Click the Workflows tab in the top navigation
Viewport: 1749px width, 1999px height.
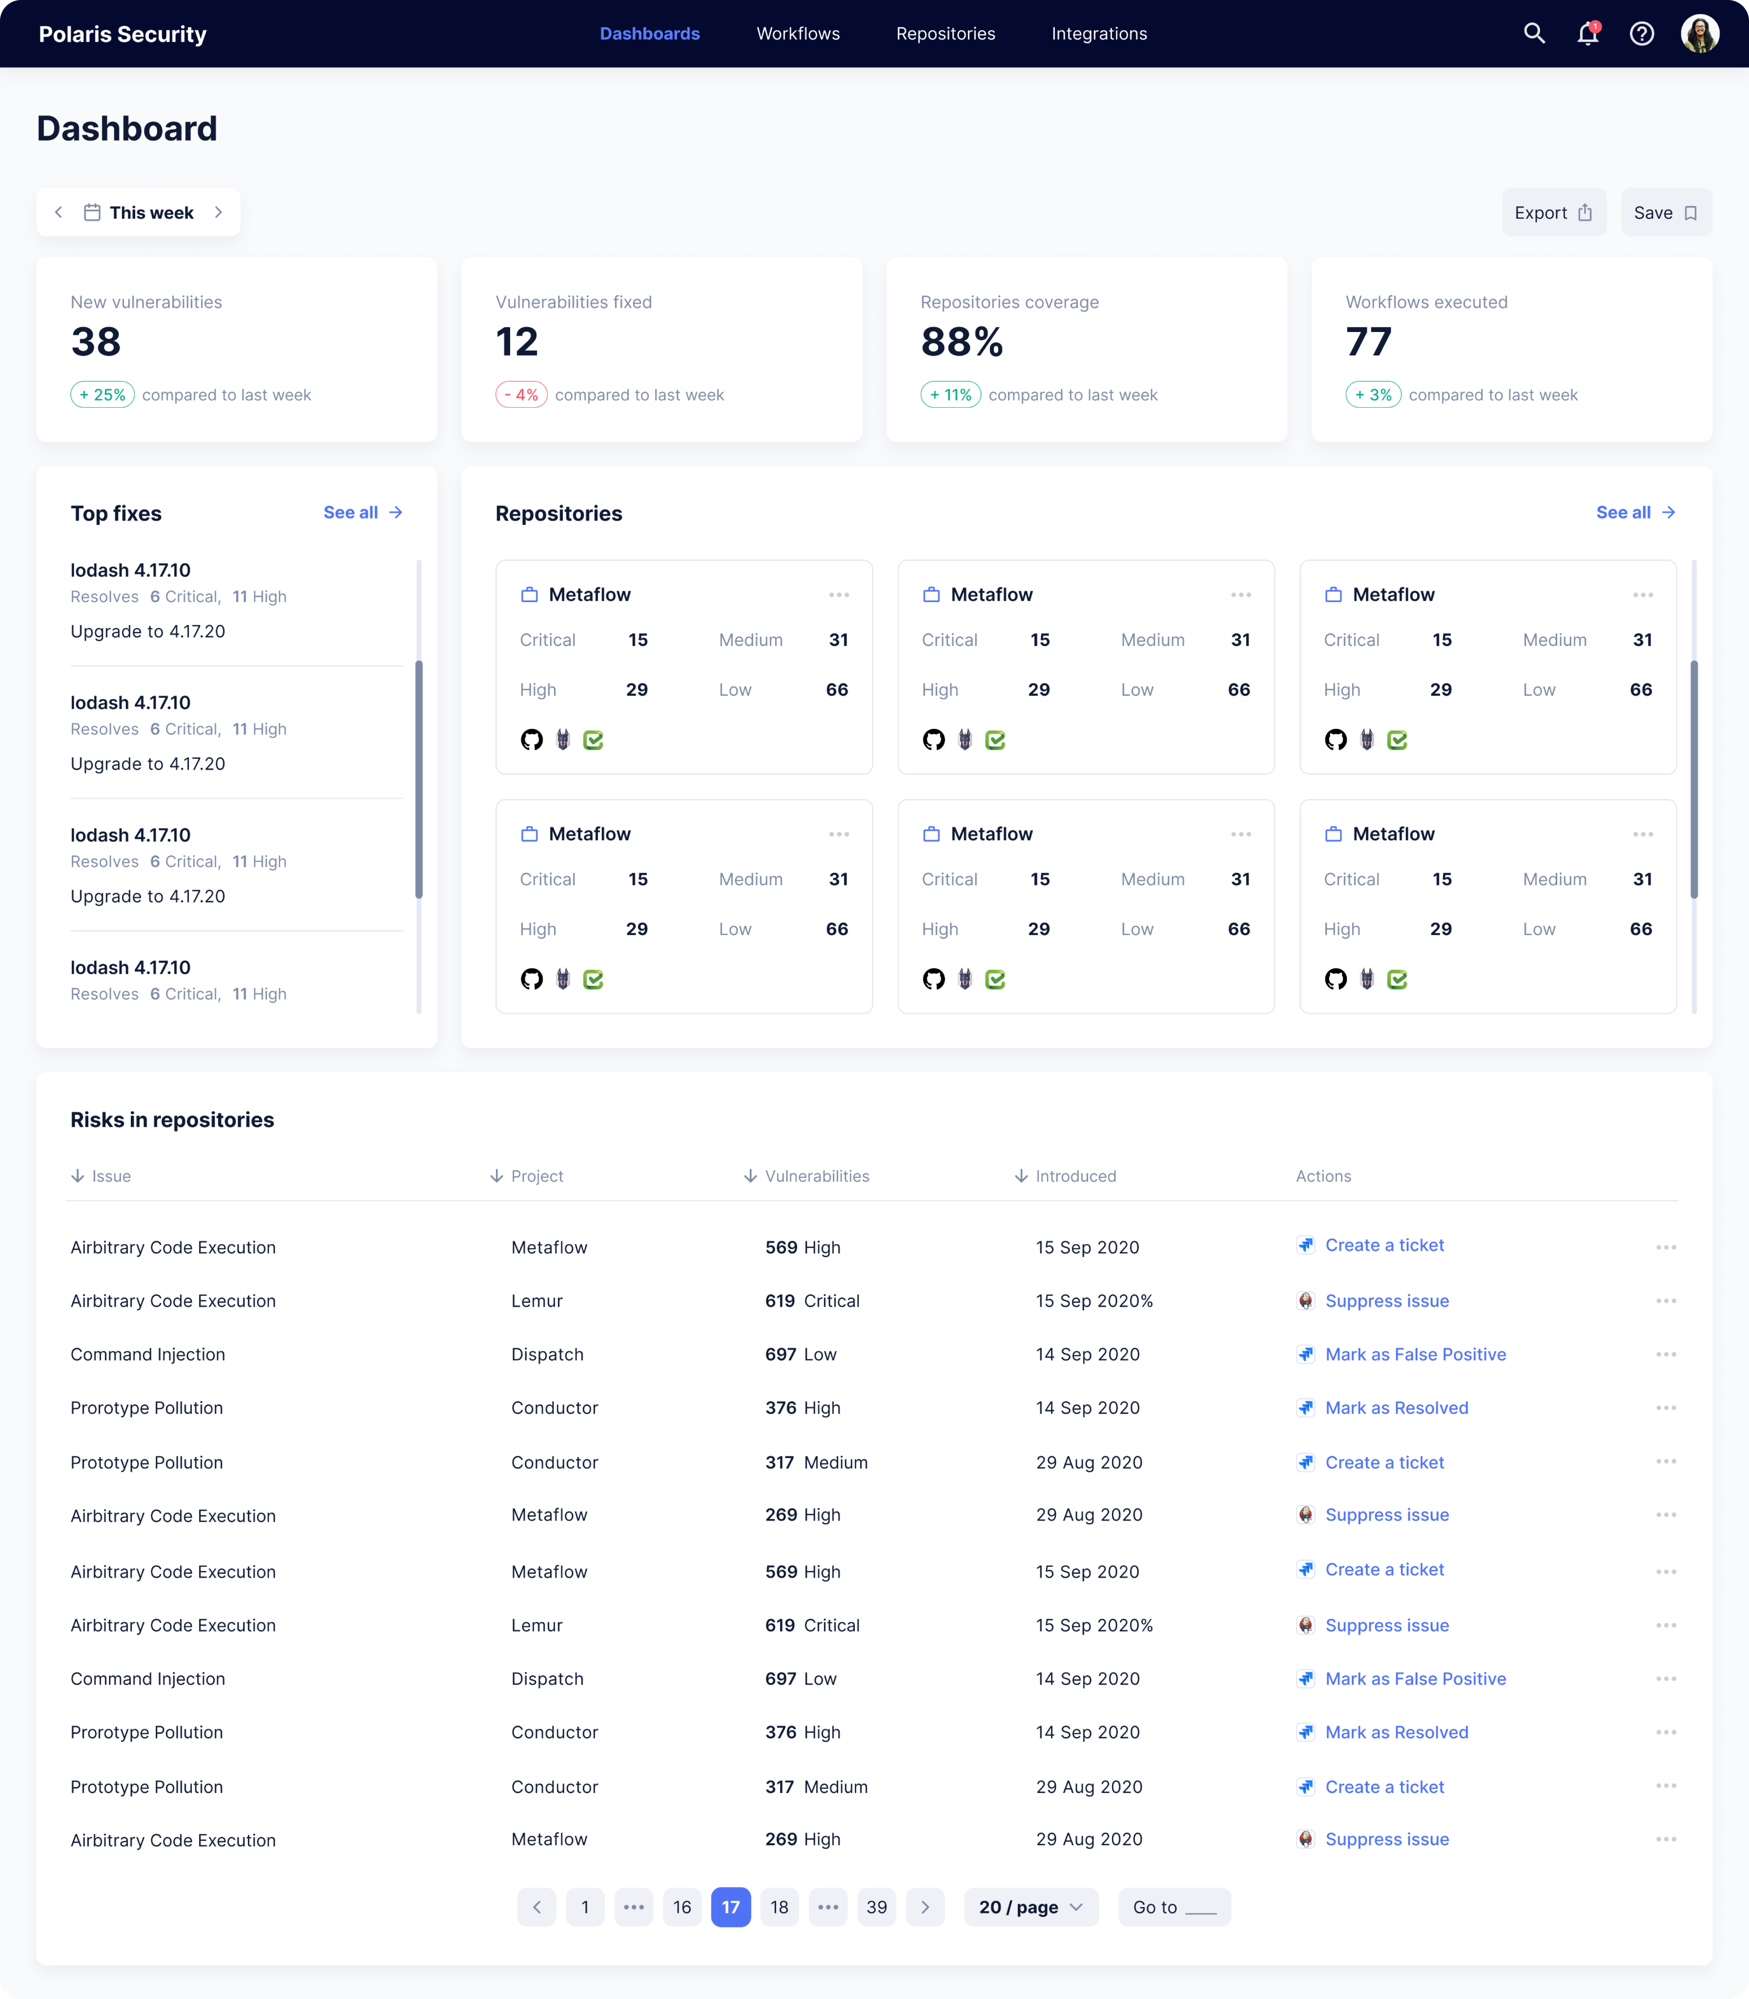[x=797, y=34]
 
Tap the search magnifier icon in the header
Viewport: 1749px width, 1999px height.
[x=1534, y=34]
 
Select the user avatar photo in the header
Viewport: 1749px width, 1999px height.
[x=1699, y=34]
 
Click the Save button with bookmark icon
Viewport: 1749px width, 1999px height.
[x=1665, y=213]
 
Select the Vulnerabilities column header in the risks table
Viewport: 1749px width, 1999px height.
[x=816, y=1176]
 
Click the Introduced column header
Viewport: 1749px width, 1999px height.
[x=1075, y=1176]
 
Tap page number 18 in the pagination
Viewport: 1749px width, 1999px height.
[x=779, y=1907]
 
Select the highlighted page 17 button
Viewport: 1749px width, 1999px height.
[x=730, y=1907]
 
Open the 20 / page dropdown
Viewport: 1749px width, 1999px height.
[x=1029, y=1907]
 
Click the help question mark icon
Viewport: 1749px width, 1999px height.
[x=1641, y=34]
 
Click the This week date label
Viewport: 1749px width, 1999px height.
[x=151, y=213]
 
